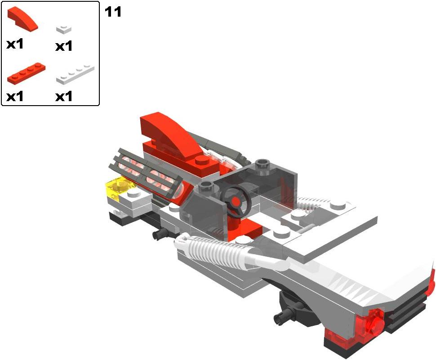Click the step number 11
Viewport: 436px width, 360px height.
pyautogui.click(x=113, y=12)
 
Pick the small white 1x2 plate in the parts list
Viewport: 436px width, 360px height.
pyautogui.click(x=64, y=29)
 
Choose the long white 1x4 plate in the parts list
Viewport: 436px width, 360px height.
pyautogui.click(x=75, y=75)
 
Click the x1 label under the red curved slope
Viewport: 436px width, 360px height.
pyautogui.click(x=15, y=44)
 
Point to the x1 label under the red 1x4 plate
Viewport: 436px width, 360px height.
pyautogui.click(x=15, y=97)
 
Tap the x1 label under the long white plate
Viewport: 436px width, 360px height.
pyautogui.click(x=64, y=97)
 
